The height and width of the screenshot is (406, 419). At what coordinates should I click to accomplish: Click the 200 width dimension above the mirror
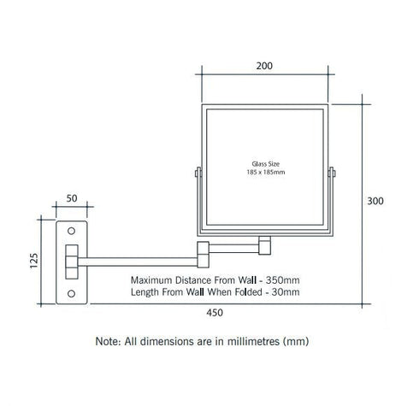pos(264,66)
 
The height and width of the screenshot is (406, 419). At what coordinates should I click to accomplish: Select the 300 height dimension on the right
pos(375,201)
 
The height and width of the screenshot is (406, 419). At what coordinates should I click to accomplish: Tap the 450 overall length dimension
pos(215,313)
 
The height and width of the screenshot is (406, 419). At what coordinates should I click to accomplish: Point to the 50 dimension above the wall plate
pos(72,198)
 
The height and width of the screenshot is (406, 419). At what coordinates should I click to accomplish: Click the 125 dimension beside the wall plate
pos(33,261)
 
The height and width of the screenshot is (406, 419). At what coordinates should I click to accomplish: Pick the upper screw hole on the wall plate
pos(71,231)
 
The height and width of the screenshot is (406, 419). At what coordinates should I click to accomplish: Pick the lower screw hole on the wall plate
pos(71,293)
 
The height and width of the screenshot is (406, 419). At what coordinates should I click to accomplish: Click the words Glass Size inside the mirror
pos(265,164)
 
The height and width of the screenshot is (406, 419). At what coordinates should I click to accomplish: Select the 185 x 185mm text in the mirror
pos(266,172)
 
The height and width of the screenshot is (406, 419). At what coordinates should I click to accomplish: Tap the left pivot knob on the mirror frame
pos(198,173)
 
